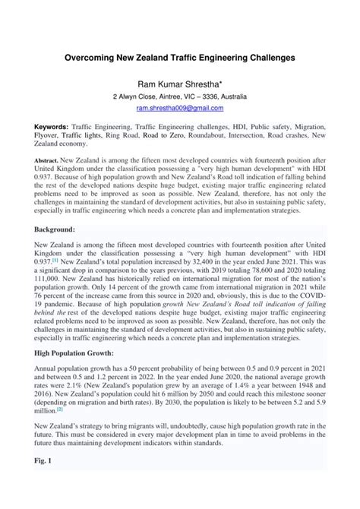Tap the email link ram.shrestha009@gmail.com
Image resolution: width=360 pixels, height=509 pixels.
pyautogui.click(x=179, y=109)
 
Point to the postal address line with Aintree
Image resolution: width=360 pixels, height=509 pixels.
pyautogui.click(x=179, y=97)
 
